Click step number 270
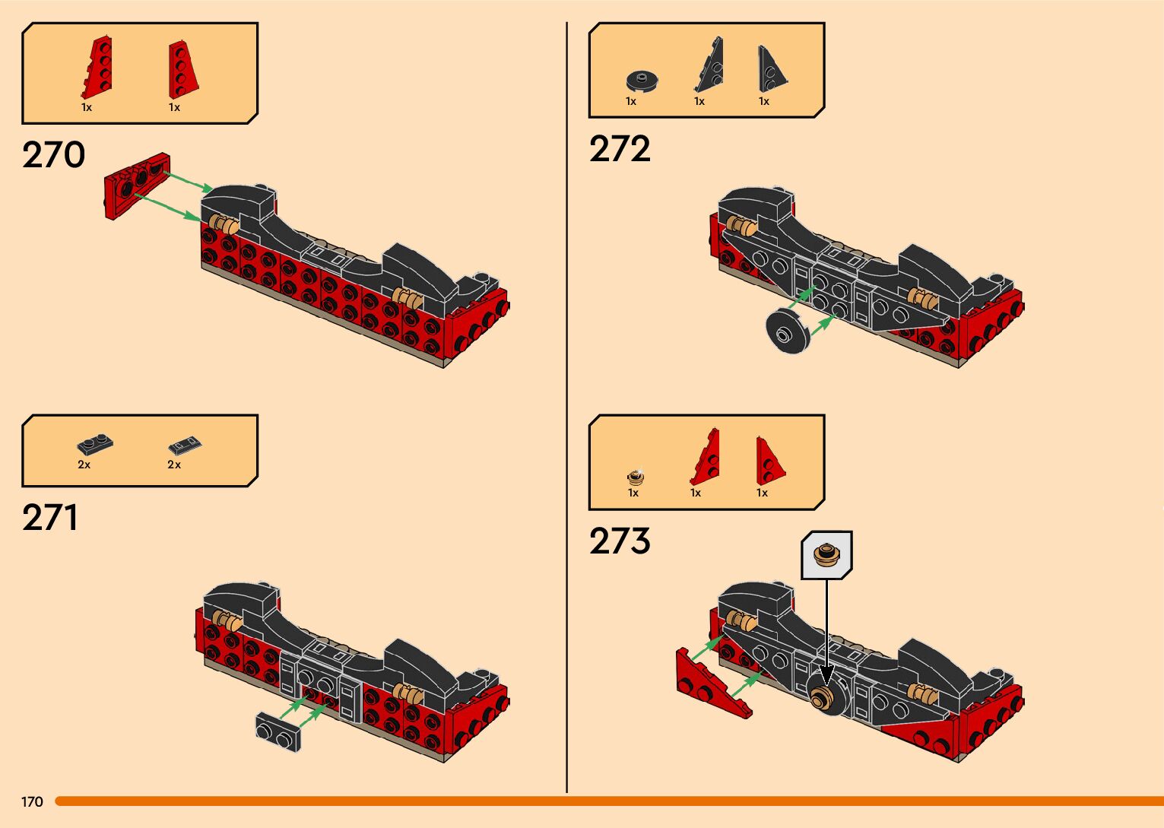tap(53, 155)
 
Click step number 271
tap(50, 518)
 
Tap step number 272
tap(620, 149)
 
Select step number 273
tap(620, 541)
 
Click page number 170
tap(32, 801)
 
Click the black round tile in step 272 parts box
tap(642, 80)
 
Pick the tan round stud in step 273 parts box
tap(636, 477)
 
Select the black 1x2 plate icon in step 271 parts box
tap(95, 444)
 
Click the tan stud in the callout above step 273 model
tap(826, 554)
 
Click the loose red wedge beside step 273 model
tap(711, 682)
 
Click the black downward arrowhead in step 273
tap(826, 674)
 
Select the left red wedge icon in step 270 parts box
tap(97, 68)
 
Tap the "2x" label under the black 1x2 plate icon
tap(84, 465)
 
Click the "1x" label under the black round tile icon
tap(631, 101)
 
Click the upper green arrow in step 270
tap(189, 181)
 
